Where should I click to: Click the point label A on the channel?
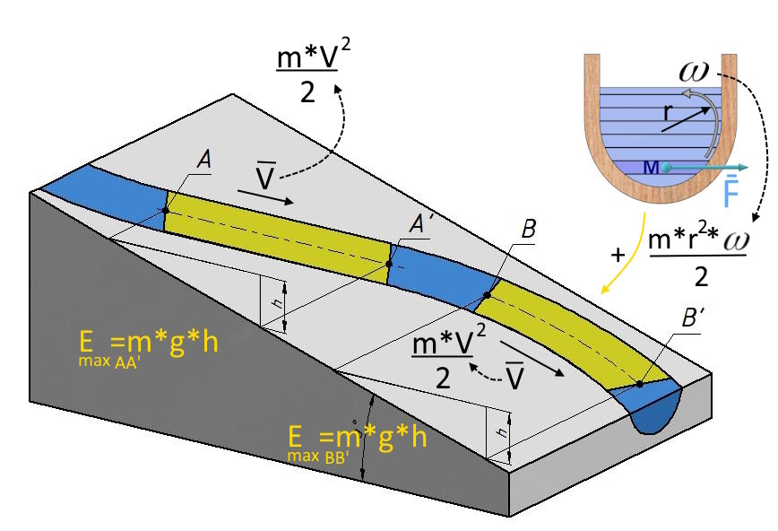205,161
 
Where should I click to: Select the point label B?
529,231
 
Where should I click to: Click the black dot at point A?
166,210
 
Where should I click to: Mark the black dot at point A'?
390,263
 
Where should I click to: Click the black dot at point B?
488,294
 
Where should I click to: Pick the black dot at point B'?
640,383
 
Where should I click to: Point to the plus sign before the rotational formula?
617,255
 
